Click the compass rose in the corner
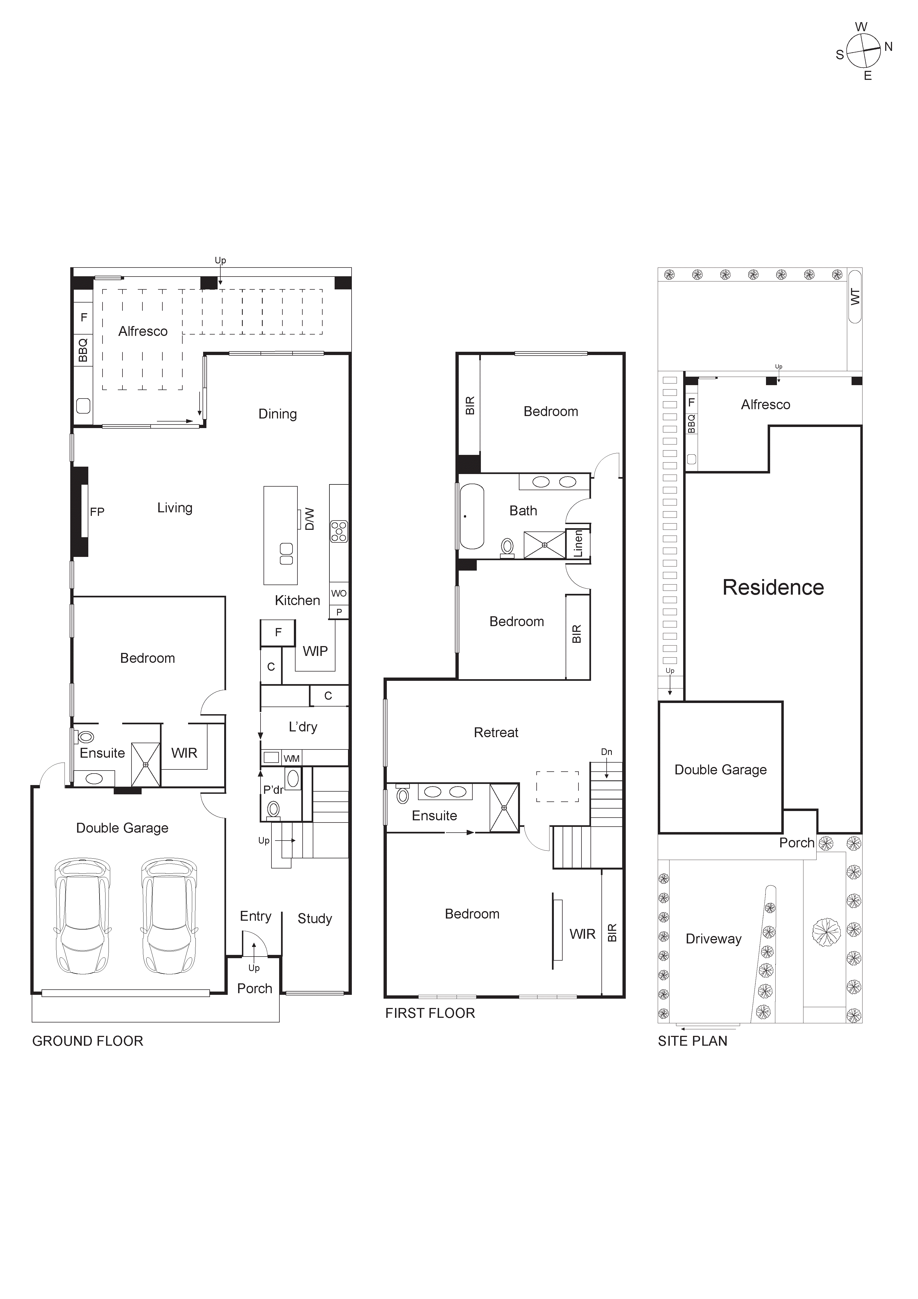[x=863, y=50]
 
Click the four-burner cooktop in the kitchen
[x=339, y=532]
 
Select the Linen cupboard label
[x=578, y=544]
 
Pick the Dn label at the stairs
[x=606, y=752]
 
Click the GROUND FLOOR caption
[x=88, y=1041]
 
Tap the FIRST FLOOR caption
[x=430, y=1013]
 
